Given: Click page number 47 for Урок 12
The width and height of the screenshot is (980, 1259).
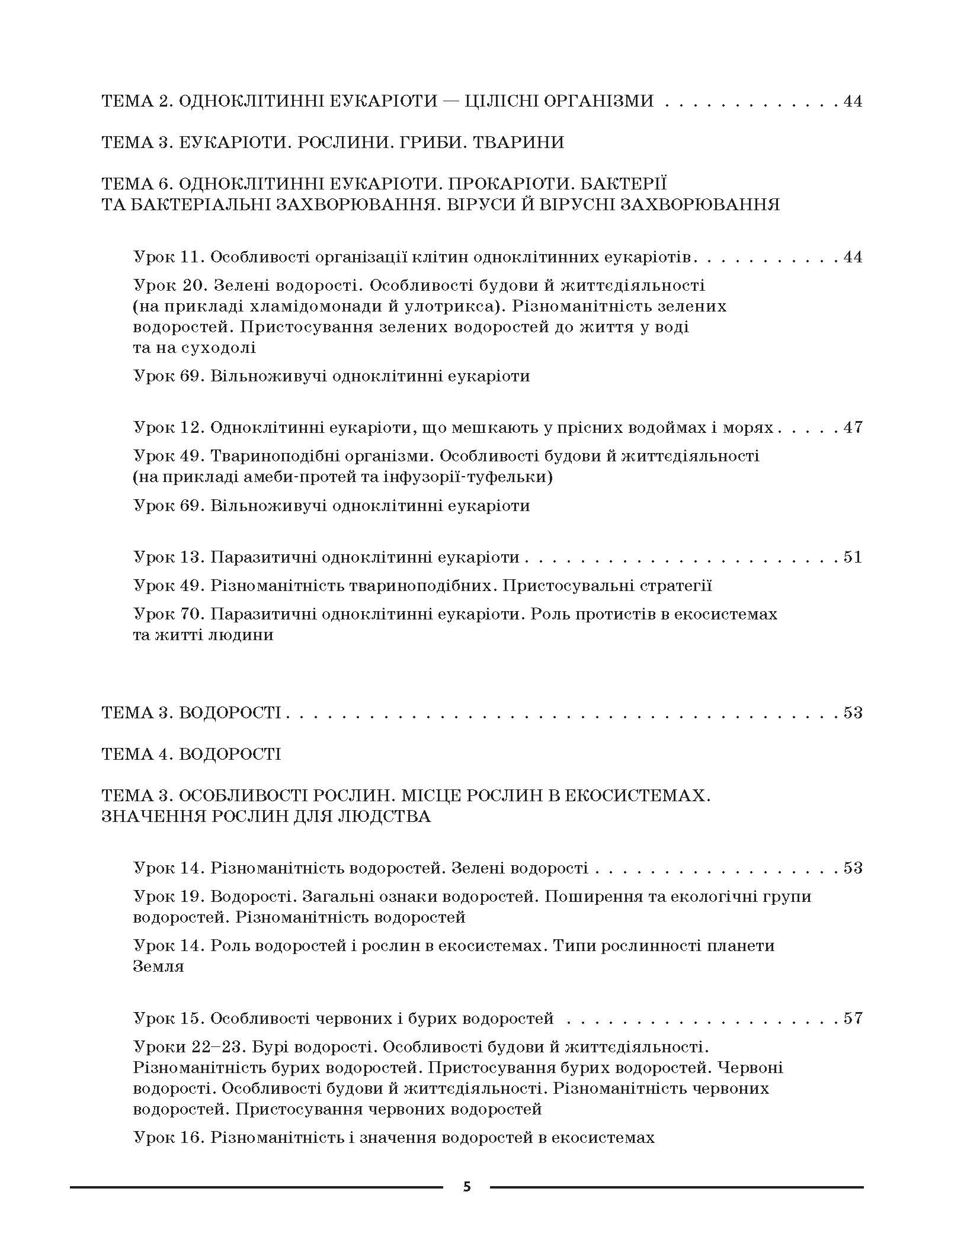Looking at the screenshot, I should coord(853,428).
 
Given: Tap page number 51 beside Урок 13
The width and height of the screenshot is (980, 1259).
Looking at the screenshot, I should coord(853,557).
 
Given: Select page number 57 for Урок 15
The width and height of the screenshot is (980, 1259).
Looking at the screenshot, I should coord(853,1019).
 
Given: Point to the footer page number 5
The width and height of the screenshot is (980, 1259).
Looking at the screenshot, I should coord(467,1187).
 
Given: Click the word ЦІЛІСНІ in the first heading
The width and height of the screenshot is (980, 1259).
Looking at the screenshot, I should coord(500,101).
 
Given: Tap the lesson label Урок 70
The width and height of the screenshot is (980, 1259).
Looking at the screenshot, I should coord(168,614).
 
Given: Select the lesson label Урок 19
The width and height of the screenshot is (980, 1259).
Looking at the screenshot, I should coord(168,897).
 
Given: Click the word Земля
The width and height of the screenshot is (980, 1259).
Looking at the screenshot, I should coord(158,966).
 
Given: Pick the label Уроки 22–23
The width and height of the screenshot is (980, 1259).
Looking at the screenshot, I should coord(188,1047).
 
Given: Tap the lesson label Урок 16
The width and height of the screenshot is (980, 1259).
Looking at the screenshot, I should coord(168,1138).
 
